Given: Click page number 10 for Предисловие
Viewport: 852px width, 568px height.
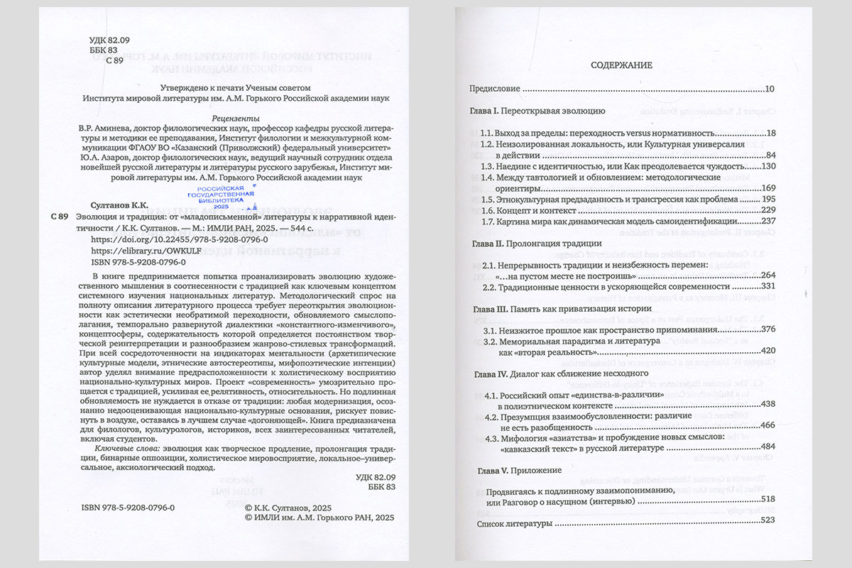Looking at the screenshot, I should tap(771, 89).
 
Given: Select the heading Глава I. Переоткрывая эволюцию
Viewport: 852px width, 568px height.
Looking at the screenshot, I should tap(537, 111).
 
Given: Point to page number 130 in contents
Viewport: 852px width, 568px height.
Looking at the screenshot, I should tap(770, 165).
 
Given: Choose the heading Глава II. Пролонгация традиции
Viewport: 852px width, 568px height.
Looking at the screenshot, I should tap(537, 243).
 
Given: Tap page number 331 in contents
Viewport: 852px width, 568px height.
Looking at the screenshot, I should tap(770, 286).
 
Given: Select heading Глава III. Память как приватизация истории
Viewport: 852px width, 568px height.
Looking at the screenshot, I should tap(559, 309).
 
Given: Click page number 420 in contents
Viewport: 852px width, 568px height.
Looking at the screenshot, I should tap(770, 351).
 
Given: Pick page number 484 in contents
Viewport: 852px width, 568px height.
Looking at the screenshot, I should tap(770, 448).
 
